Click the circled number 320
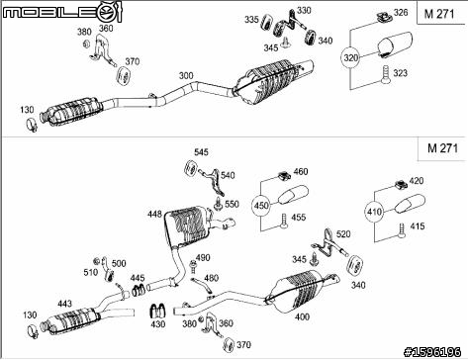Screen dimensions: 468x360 (x=350, y=58)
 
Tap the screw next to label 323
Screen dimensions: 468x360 (x=385, y=74)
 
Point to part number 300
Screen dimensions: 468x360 (x=186, y=75)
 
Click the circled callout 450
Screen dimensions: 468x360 (x=261, y=206)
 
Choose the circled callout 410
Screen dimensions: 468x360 (x=374, y=212)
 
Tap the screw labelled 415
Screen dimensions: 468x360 (x=402, y=230)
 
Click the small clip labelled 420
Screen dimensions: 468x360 (x=401, y=185)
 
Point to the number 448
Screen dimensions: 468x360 (x=154, y=215)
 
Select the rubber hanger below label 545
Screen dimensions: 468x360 (x=190, y=169)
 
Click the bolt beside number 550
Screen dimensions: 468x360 (x=218, y=205)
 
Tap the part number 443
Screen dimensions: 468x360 (x=65, y=304)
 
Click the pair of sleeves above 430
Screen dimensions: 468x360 (x=158, y=310)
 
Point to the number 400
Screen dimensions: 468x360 (x=302, y=316)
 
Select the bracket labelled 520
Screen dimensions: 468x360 (x=329, y=244)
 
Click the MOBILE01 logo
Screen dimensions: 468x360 (x=62, y=12)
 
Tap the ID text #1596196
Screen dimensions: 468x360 (x=432, y=352)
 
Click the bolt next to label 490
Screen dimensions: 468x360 (x=193, y=266)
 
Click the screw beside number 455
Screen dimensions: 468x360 (x=284, y=222)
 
